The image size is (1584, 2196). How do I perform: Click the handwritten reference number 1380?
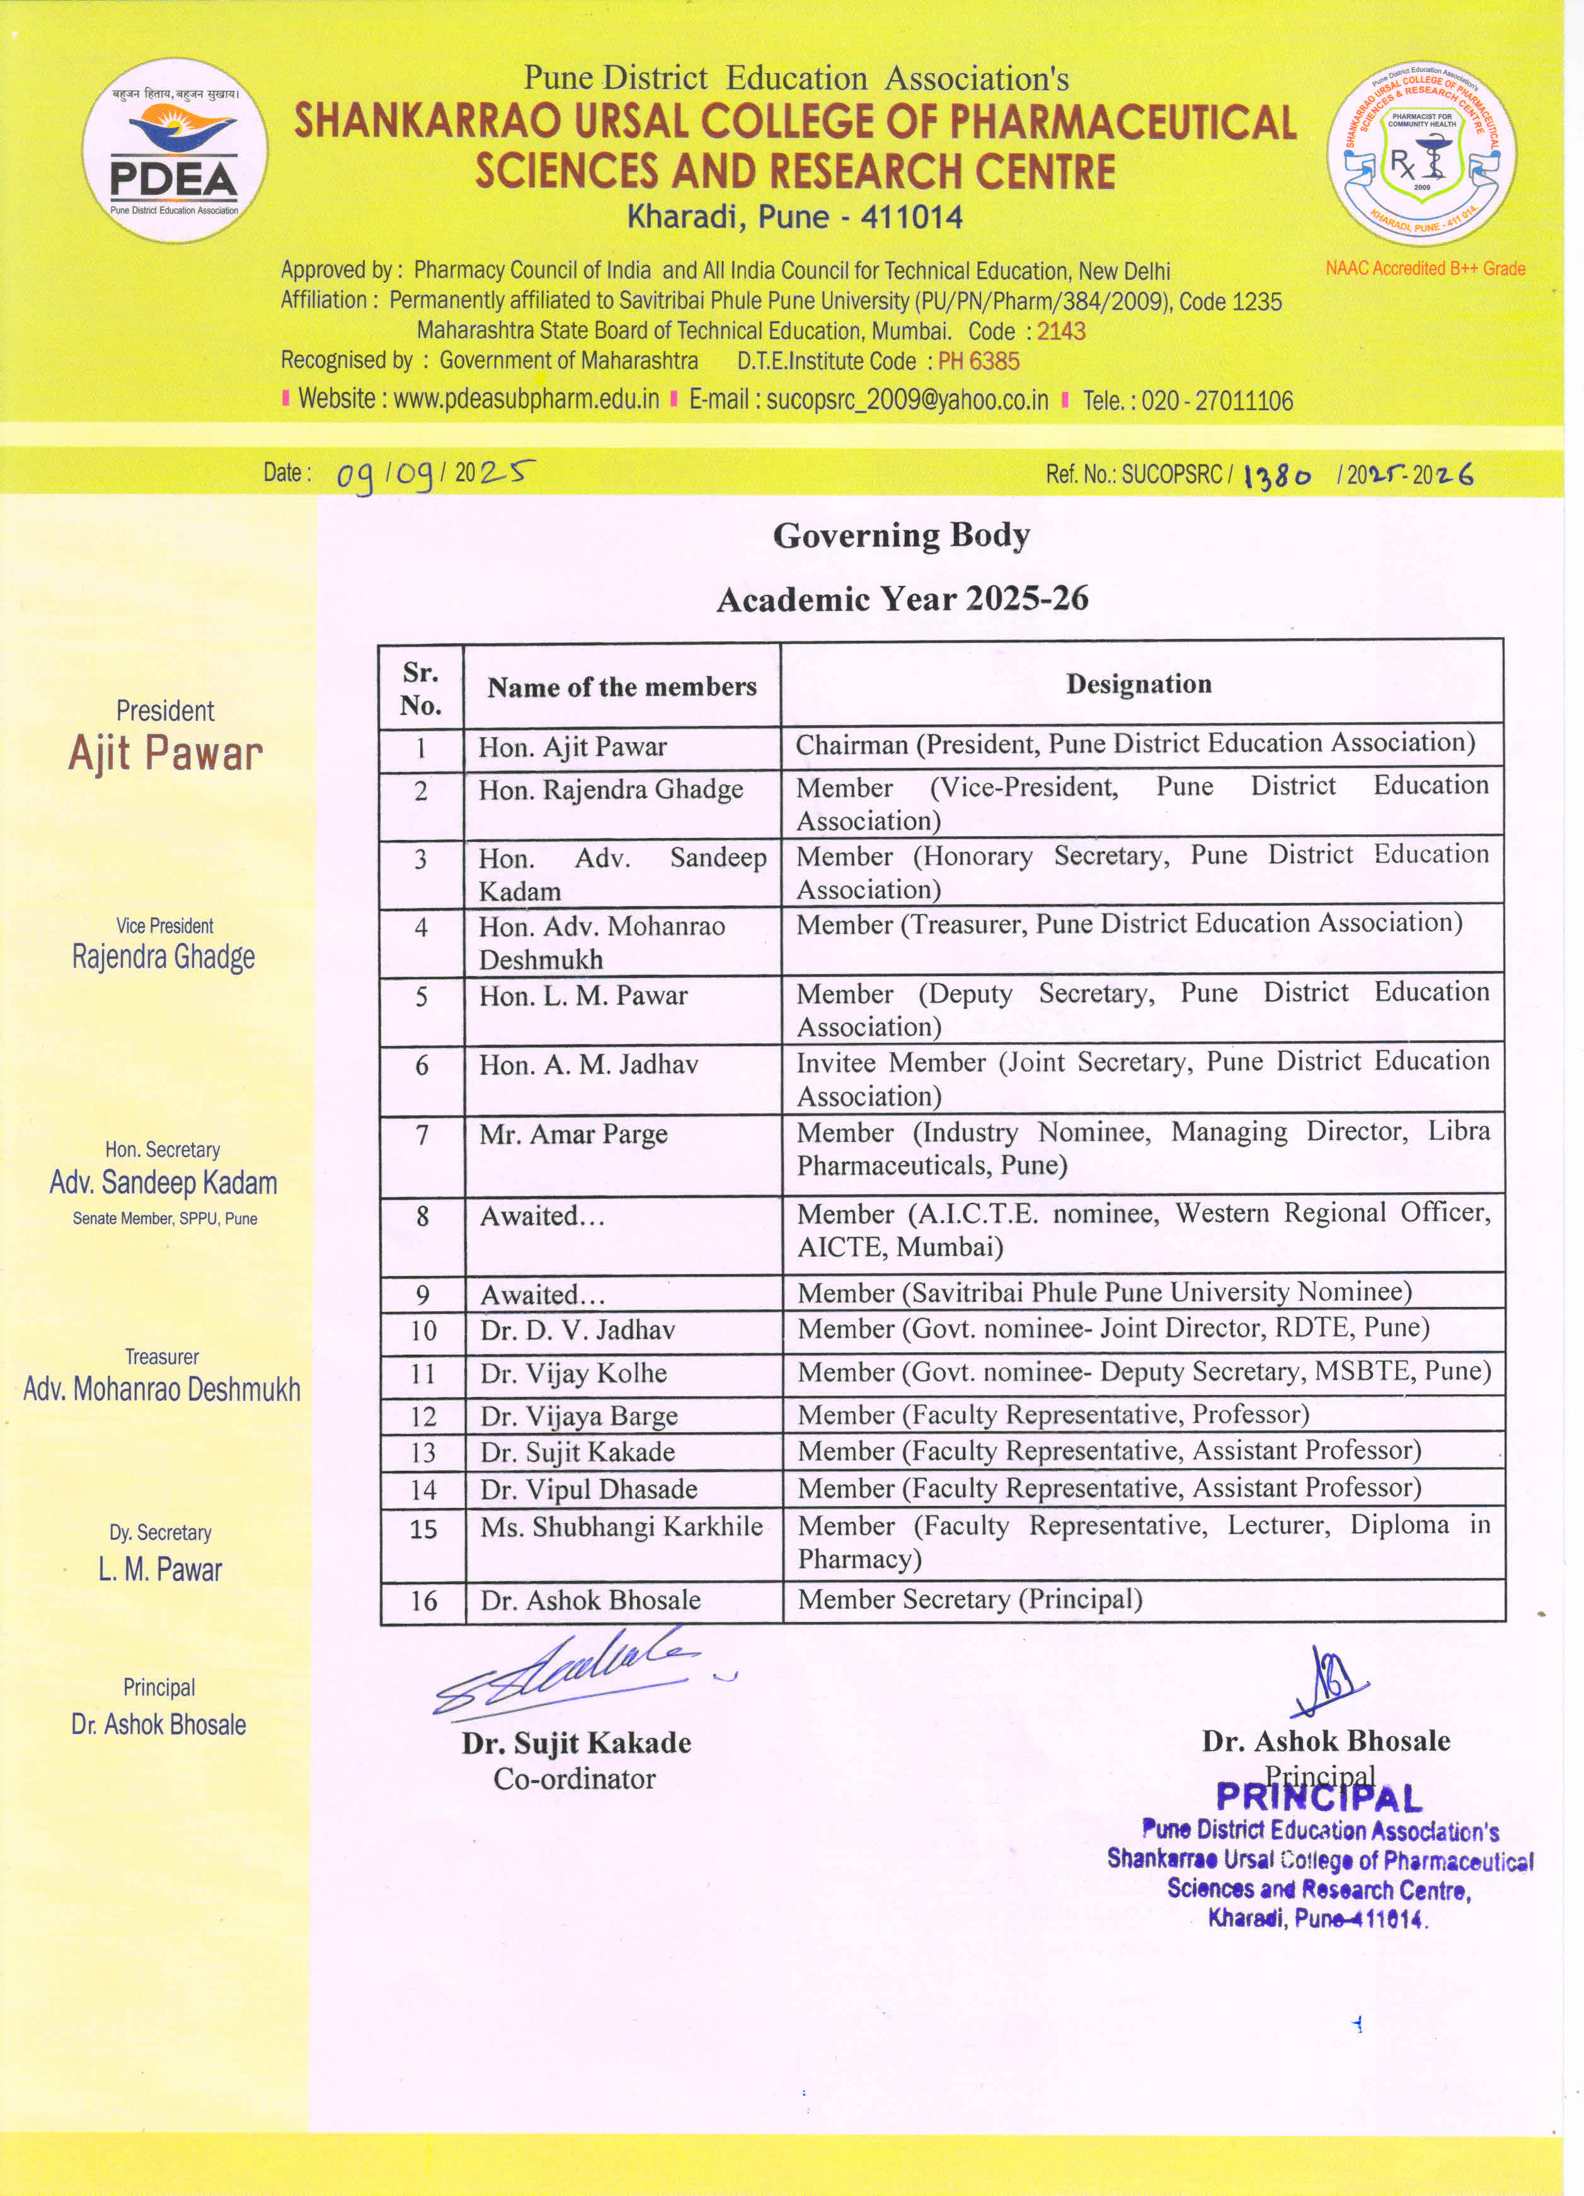coord(1277,475)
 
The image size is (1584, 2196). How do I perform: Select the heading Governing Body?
coord(900,536)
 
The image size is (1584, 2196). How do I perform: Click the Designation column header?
coord(1139,684)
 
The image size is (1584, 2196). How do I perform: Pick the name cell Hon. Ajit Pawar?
coord(572,747)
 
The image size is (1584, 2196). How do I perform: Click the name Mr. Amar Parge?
coord(573,1134)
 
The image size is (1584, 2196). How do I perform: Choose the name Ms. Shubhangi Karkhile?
coord(621,1527)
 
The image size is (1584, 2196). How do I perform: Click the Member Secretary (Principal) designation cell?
coord(969,1599)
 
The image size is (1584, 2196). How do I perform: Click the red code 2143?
coord(1061,331)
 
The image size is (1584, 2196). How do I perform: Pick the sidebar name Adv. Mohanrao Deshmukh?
coord(162,1389)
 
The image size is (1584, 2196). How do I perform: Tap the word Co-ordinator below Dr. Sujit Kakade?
coord(574,1779)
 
